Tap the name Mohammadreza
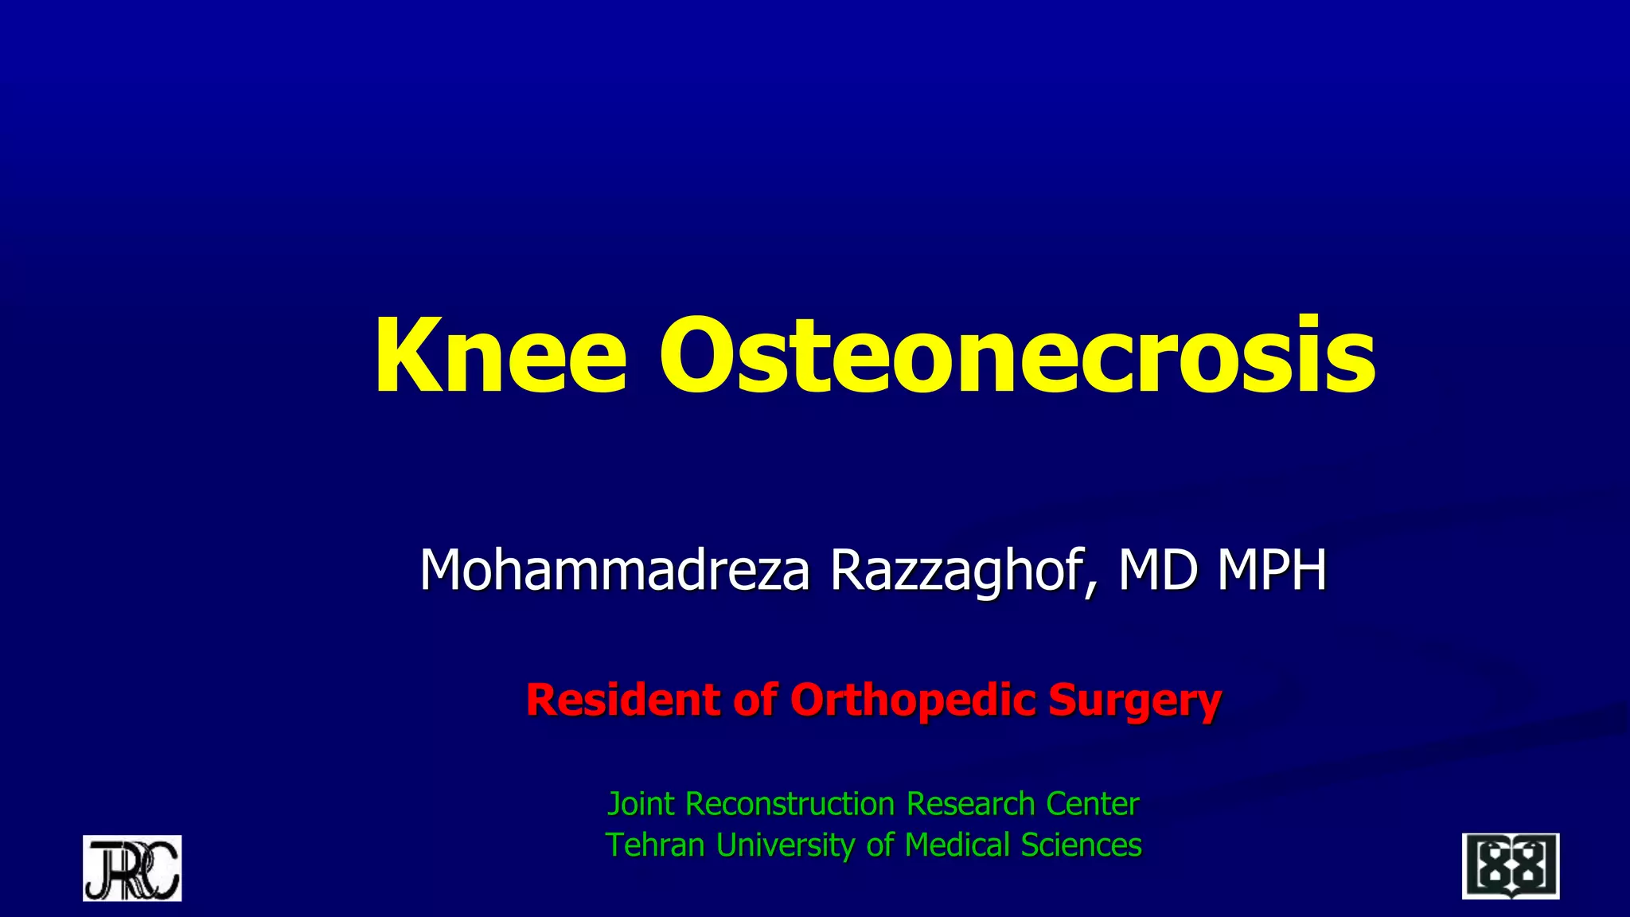614,570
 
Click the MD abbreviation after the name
1158,570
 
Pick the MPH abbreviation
1273,570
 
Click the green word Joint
641,804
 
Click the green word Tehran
656,845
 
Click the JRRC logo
132,868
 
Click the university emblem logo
1510,866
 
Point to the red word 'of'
755,700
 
